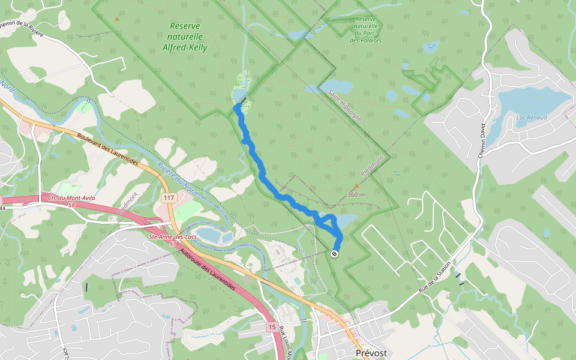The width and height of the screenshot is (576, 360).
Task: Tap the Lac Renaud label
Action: coord(532,118)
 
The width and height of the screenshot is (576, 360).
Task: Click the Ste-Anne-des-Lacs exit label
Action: coord(172,240)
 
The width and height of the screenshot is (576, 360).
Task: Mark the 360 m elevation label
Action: coord(356,194)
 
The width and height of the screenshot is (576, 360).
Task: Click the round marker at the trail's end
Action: coord(334,254)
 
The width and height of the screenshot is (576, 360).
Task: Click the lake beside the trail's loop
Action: coord(347,221)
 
